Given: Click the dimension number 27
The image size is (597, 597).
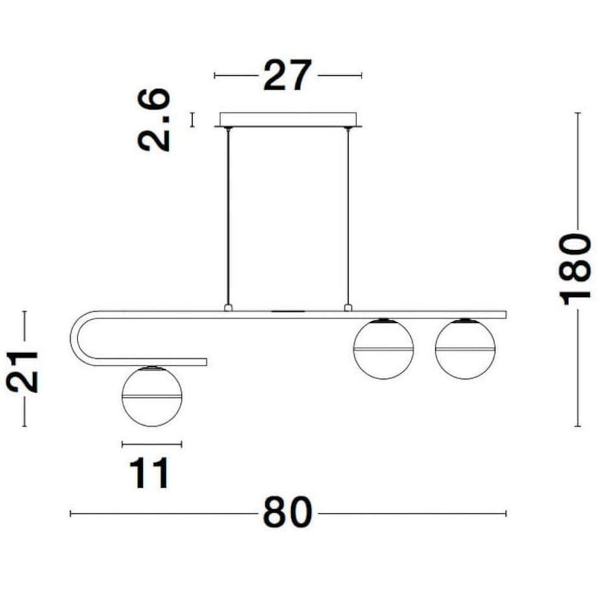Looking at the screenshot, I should click(287, 75).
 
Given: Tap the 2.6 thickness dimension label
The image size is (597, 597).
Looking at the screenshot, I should click(154, 120).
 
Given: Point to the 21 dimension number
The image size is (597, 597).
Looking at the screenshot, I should click(23, 370).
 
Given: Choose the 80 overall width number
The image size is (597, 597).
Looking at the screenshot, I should click(287, 513).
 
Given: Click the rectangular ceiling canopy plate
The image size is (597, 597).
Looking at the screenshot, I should click(288, 119).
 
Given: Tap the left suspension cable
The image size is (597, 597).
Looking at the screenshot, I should click(228, 214).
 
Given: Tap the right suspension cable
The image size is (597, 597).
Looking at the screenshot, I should click(348, 214).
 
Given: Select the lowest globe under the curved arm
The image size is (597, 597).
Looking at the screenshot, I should click(152, 396).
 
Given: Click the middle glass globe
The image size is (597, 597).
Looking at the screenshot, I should click(384, 349).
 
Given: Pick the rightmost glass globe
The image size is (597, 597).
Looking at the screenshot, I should click(465, 349).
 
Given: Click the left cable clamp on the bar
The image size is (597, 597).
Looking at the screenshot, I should click(228, 307).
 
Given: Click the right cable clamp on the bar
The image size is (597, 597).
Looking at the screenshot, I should click(348, 307).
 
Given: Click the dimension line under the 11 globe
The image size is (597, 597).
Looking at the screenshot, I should click(152, 445).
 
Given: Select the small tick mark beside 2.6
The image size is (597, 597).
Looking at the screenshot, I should click(191, 119).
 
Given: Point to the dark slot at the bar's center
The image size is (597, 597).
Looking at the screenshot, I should click(288, 312).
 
